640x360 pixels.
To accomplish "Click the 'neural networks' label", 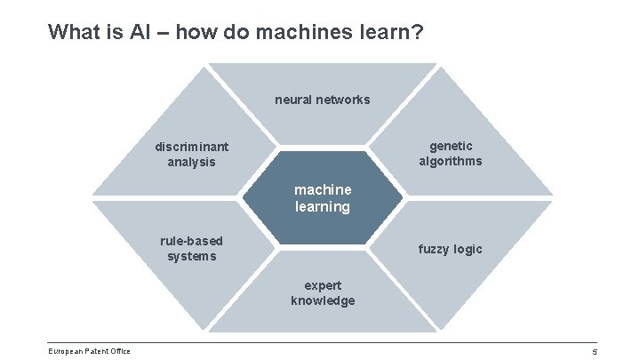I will click(x=322, y=100).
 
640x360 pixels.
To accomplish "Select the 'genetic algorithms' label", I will click(x=451, y=153).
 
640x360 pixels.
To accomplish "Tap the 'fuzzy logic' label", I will click(x=450, y=249).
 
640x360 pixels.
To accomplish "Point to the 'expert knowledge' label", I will click(x=322, y=293).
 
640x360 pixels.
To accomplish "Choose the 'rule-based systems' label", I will click(x=191, y=249).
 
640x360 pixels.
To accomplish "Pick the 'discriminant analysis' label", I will click(x=191, y=154).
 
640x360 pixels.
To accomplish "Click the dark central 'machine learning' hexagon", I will click(x=323, y=197).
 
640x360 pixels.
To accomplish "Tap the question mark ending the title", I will click(x=417, y=33).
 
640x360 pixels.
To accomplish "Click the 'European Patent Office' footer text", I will click(x=89, y=351).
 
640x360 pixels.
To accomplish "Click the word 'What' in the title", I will click(x=71, y=33).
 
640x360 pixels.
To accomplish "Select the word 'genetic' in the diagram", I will click(x=451, y=145).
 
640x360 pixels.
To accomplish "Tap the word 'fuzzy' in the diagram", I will click(x=435, y=249).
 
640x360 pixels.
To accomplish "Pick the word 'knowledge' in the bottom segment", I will click(x=322, y=300).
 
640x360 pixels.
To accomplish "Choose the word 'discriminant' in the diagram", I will click(x=191, y=146).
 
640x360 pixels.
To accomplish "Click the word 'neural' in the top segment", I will click(x=292, y=100).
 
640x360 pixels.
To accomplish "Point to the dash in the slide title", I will click(x=164, y=33).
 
